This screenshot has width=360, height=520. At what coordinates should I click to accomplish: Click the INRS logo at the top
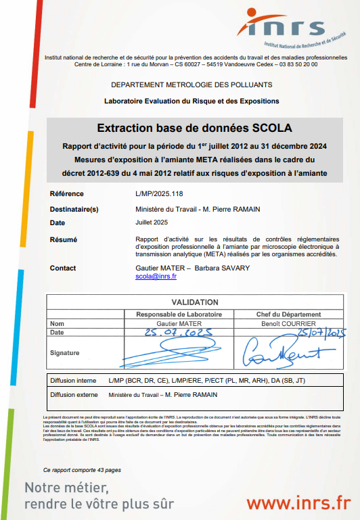(290, 28)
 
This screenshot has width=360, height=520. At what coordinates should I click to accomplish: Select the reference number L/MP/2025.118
(160, 194)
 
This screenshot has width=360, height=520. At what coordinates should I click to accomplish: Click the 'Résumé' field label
(64, 239)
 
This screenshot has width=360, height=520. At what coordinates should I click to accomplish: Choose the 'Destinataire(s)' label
(74, 209)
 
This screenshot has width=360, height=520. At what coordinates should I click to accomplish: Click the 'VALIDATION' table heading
(195, 302)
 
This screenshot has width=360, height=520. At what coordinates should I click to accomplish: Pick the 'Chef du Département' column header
(282, 314)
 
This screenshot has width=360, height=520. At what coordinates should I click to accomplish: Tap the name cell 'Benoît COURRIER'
(282, 324)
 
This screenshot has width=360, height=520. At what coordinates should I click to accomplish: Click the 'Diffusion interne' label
(73, 381)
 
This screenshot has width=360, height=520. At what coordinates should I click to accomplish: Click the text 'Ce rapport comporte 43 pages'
(82, 469)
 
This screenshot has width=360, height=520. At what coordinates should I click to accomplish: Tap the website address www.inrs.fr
(298, 502)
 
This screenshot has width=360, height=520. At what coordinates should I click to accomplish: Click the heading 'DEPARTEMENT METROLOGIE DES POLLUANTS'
(192, 85)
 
